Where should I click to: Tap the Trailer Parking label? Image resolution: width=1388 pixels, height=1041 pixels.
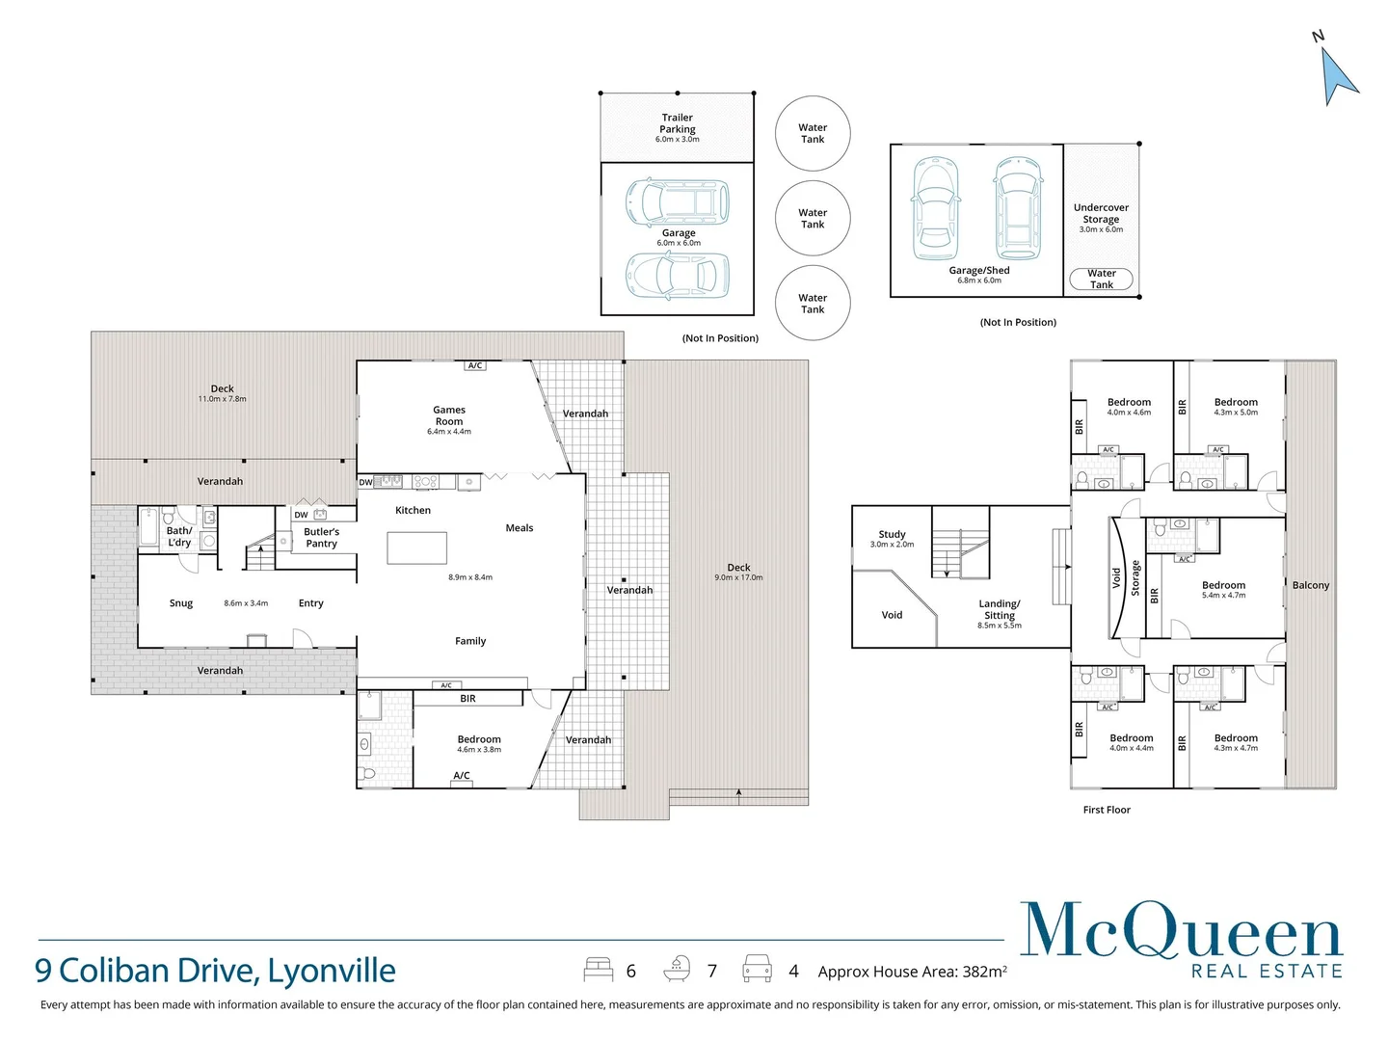tap(678, 123)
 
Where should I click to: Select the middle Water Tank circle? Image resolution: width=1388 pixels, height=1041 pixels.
tap(813, 218)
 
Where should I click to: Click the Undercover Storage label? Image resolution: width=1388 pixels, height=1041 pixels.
tap(1101, 213)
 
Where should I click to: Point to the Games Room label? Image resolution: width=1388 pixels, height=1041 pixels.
tap(449, 415)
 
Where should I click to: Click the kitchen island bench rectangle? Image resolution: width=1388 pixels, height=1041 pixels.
tap(416, 547)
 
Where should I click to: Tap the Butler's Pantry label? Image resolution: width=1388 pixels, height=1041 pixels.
tap(321, 537)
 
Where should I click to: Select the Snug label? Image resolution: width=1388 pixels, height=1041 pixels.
tap(181, 603)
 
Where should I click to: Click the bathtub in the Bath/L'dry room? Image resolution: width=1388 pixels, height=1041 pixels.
tap(149, 526)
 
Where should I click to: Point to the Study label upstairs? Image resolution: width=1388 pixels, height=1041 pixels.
tap(892, 534)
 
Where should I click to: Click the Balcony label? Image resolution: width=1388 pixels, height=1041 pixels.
tap(1310, 585)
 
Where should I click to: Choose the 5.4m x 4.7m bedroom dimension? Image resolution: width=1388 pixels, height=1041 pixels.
tap(1223, 595)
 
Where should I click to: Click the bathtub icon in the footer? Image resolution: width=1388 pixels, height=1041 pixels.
tap(677, 969)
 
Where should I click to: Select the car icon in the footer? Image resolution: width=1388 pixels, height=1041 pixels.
tap(757, 969)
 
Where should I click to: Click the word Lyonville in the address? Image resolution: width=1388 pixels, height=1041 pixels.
tap(332, 972)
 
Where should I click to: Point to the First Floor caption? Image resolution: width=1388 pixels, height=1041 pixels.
tap(1107, 810)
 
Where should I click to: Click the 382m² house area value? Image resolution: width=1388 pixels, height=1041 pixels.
tap(984, 972)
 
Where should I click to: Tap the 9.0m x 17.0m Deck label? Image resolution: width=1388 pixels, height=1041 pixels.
tap(738, 572)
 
